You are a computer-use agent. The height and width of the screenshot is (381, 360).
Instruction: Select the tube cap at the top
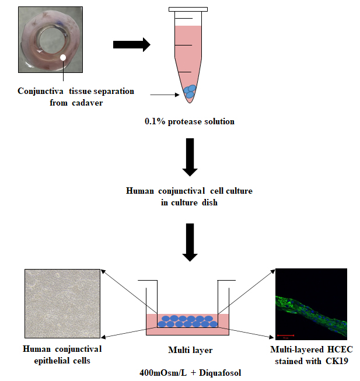pos(188,9)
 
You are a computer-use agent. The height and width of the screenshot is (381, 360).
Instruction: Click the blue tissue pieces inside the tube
pos(190,92)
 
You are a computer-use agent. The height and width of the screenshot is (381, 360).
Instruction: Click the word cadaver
pos(92,102)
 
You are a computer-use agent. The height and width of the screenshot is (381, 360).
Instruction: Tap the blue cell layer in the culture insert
pos(188,321)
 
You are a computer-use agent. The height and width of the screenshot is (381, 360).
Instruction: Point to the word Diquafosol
pos(219,372)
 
